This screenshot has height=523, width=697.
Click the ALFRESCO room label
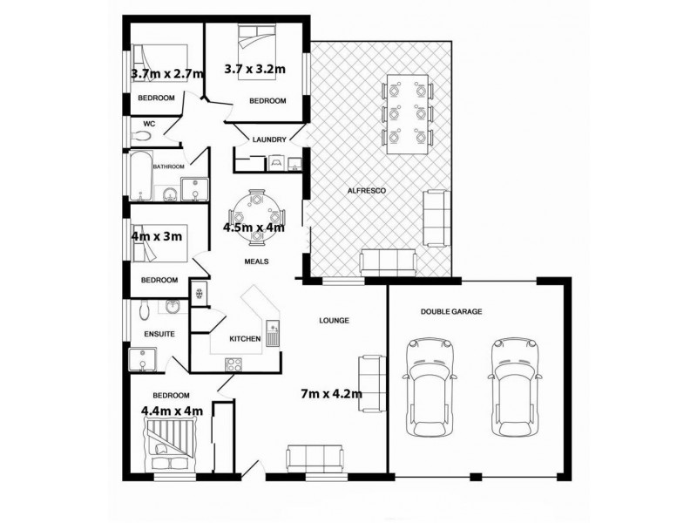pos(367,189)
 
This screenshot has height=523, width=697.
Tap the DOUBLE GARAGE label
pos(451,311)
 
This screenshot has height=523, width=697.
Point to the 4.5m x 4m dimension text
pos(255,228)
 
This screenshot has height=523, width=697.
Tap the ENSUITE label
pos(159,333)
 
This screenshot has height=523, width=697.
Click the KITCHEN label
pos(245,338)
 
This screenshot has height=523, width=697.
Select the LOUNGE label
pos(334,320)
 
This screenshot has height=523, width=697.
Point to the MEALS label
pos(255,261)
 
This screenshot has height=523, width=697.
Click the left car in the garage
pos(429,384)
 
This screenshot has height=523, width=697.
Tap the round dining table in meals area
pos(255,212)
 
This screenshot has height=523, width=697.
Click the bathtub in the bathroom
pos(142,176)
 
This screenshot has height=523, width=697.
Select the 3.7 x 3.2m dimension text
pos(255,67)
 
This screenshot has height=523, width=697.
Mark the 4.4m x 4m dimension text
pos(172,411)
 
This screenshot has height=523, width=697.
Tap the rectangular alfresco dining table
pos(408,113)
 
